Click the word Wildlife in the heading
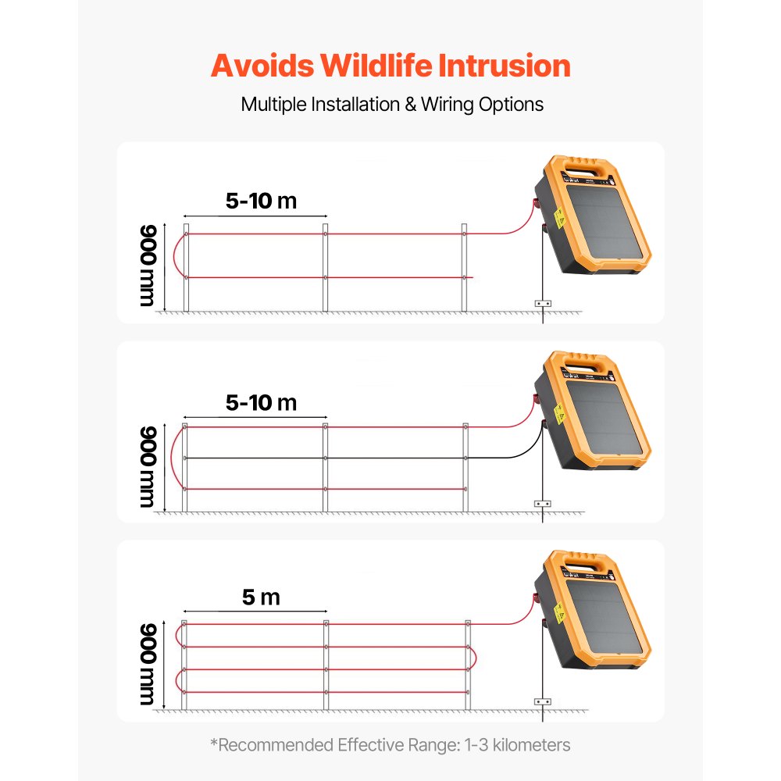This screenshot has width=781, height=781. pyautogui.click(x=376, y=66)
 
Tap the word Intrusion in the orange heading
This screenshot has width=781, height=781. pyautogui.click(x=504, y=66)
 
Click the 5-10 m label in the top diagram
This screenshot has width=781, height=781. pyautogui.click(x=261, y=201)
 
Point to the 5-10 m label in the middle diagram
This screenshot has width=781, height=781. pyautogui.click(x=261, y=403)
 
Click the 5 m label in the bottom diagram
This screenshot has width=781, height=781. pyautogui.click(x=261, y=598)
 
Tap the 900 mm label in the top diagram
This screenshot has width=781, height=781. pyautogui.click(x=148, y=266)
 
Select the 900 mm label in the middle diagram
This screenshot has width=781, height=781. pyautogui.click(x=148, y=467)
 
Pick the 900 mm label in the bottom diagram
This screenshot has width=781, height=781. pyautogui.click(x=148, y=665)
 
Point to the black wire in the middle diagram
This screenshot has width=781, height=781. pyautogui.click(x=390, y=458)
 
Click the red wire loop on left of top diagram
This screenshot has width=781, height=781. pyautogui.click(x=177, y=255)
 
